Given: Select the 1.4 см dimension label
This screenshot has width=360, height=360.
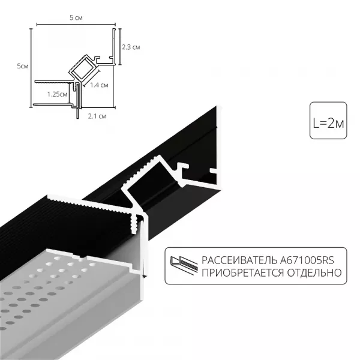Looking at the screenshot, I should pyautogui.click(x=100, y=86).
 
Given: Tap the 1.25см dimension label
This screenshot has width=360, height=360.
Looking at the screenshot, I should pyautogui.click(x=56, y=94).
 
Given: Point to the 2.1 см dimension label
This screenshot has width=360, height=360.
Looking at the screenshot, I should pyautogui.click(x=98, y=115).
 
